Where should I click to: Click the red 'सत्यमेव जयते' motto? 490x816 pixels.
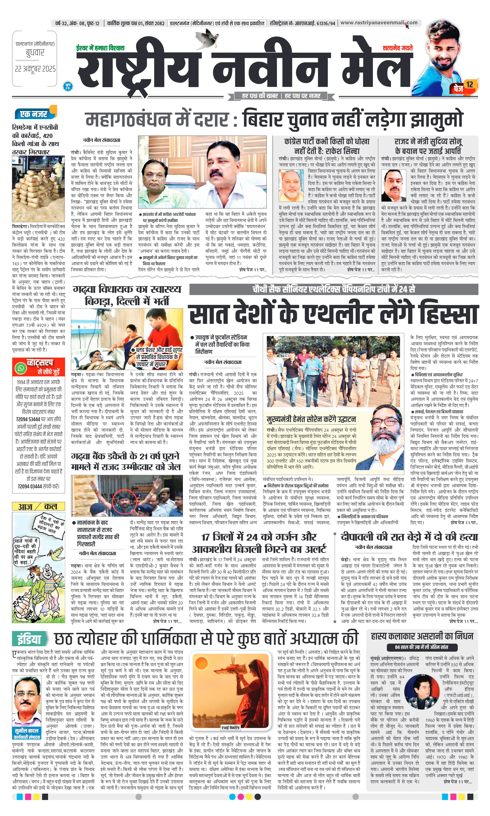(398, 48)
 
